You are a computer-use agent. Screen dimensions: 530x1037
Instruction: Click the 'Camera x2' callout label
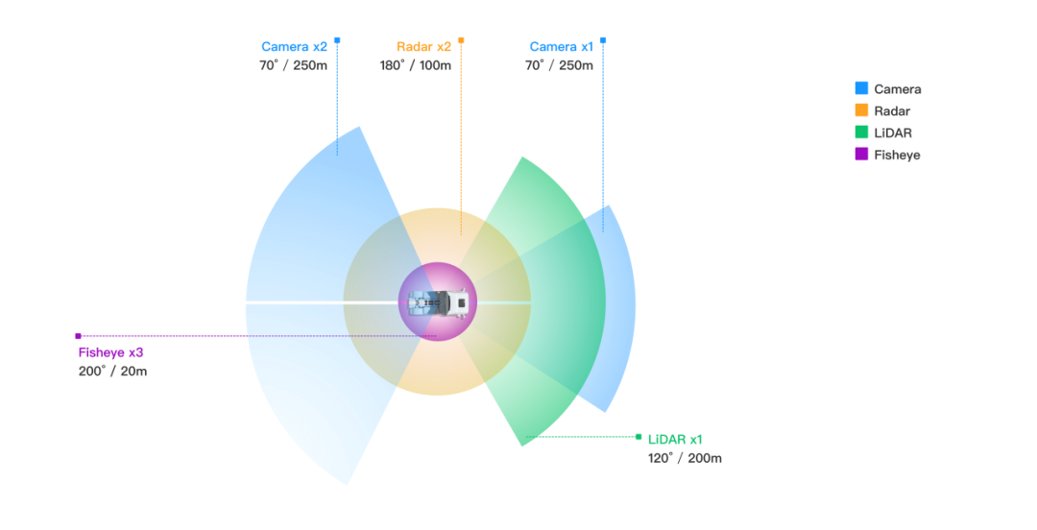(294, 47)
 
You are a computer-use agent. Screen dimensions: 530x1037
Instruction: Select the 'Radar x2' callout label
(422, 47)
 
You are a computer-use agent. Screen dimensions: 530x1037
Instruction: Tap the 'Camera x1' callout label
(561, 47)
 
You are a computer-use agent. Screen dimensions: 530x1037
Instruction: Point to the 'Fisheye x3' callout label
(110, 352)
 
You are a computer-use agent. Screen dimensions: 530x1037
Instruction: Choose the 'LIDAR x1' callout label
(675, 439)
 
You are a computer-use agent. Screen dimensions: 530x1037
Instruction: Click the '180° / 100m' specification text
(415, 66)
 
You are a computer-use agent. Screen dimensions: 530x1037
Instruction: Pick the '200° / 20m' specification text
(112, 372)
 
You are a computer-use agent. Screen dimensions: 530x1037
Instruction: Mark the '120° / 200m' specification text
(685, 458)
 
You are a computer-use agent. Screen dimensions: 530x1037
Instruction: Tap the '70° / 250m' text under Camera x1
(558, 66)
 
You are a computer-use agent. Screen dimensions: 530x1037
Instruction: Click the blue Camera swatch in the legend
(861, 88)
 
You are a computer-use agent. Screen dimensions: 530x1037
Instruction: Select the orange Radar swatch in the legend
(861, 110)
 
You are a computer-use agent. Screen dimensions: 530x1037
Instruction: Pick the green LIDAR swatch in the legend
(861, 132)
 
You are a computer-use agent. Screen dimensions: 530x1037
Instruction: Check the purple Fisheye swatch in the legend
(861, 154)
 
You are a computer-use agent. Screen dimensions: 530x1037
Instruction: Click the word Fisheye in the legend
(897, 155)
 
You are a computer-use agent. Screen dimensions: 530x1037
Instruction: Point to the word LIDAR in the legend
(893, 132)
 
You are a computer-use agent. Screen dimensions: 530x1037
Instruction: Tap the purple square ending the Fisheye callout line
(78, 336)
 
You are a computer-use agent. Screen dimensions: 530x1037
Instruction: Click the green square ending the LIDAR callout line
(639, 437)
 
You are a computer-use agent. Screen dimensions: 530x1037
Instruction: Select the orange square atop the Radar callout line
(461, 40)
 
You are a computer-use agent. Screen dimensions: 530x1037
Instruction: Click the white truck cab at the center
(458, 302)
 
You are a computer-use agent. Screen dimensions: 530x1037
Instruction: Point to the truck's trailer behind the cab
(422, 303)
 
